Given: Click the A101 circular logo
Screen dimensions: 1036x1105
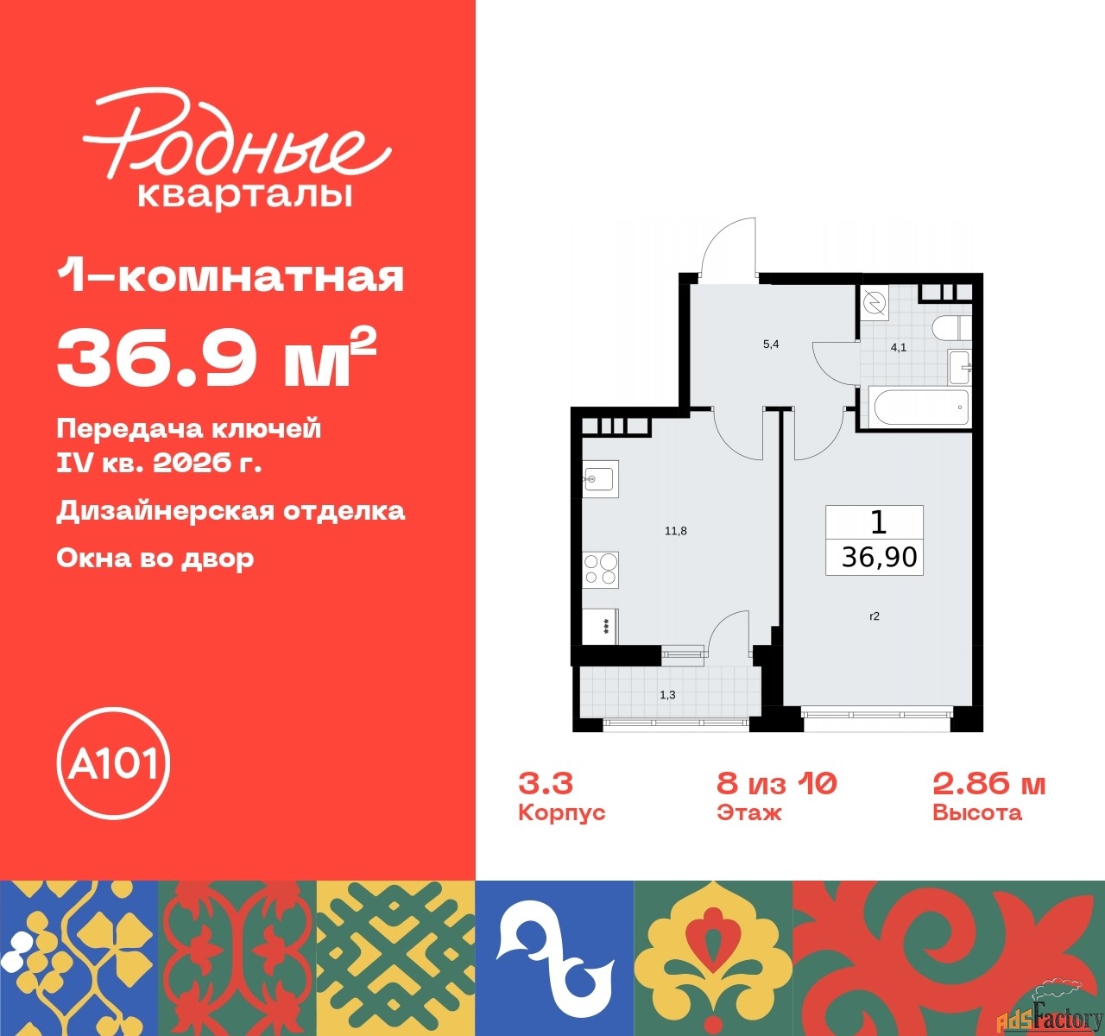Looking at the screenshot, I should pos(113,763).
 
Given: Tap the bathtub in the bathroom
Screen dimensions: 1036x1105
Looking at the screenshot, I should pos(919,407).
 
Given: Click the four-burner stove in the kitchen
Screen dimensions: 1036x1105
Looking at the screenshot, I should pos(601,569).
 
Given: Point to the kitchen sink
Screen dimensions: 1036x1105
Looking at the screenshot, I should pos(599,478).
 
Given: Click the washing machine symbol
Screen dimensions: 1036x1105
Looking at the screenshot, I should pos(875,302).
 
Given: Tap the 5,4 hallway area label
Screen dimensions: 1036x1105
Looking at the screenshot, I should pos(771,344).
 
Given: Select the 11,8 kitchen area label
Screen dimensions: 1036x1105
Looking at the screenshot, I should pos(675,531).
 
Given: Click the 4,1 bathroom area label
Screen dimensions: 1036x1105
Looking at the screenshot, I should pos(899,348).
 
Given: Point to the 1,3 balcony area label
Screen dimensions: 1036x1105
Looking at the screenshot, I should pos(667,694).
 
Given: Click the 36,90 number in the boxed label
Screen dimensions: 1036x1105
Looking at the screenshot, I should pos(879,557).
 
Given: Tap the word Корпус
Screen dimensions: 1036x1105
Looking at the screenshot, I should pos(561,812).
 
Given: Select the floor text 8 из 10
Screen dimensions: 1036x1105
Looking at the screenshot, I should pos(776,783).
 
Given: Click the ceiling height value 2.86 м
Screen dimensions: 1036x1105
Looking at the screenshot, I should pos(988,783).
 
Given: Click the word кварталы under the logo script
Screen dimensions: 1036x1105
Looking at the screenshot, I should pos(245,195).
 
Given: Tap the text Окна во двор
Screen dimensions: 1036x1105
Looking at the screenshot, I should pos(155,558).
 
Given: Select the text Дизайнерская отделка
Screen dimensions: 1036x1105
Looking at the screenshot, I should pos(230,510).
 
